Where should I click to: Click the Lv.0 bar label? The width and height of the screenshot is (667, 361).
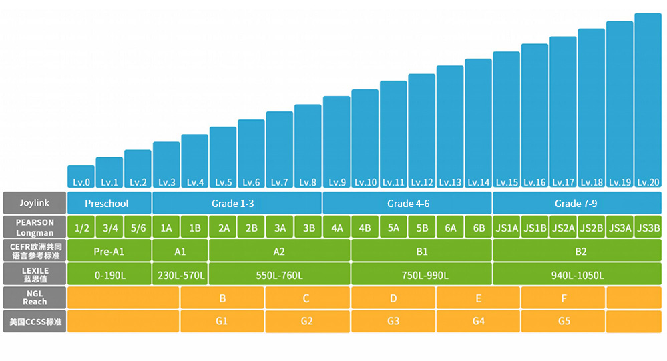[x=81, y=182]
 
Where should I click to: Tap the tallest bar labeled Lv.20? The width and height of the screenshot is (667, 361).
[x=648, y=100]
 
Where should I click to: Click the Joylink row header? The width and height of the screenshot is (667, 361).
[x=34, y=203]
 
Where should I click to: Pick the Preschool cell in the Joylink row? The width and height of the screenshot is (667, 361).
[x=109, y=203]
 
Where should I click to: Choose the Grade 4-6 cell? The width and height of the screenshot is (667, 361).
[x=407, y=203]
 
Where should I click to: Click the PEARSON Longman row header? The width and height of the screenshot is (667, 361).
[x=34, y=227]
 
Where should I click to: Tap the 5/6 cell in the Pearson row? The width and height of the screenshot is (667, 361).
[x=138, y=228]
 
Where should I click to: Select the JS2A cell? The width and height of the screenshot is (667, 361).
[x=563, y=228]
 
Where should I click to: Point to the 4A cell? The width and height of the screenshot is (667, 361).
[x=337, y=228]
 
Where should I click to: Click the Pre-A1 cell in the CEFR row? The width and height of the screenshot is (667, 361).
[x=109, y=251]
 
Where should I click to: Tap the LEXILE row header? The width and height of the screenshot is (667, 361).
[x=34, y=274]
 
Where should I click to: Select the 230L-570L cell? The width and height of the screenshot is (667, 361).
[x=180, y=275]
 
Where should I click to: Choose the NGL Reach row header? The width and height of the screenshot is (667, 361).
[x=34, y=298]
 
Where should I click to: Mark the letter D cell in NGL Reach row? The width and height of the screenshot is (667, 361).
[x=393, y=298]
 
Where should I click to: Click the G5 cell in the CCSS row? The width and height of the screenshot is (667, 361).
[x=563, y=321]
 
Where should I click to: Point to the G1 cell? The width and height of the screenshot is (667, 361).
[x=222, y=321]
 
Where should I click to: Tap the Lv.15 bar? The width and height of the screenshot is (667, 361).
[x=506, y=120]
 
